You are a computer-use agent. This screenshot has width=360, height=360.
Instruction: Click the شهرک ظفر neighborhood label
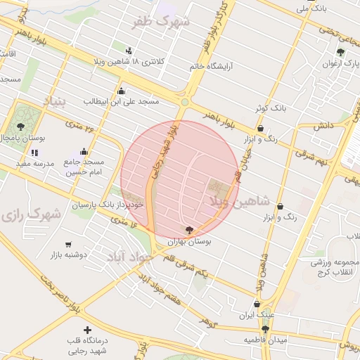165,22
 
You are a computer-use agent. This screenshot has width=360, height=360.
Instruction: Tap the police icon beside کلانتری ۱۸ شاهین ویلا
128,51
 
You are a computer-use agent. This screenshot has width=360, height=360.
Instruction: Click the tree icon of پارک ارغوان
341,52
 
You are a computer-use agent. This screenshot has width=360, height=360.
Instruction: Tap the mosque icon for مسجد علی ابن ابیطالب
122,90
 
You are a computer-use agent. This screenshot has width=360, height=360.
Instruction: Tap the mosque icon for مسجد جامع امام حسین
84,150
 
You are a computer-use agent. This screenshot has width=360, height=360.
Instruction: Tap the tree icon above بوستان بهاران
188,229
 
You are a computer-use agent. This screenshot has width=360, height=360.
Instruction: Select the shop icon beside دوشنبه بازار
68,245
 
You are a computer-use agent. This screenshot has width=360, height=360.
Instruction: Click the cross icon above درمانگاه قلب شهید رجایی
87,330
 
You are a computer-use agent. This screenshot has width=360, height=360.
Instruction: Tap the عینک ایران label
256,314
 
